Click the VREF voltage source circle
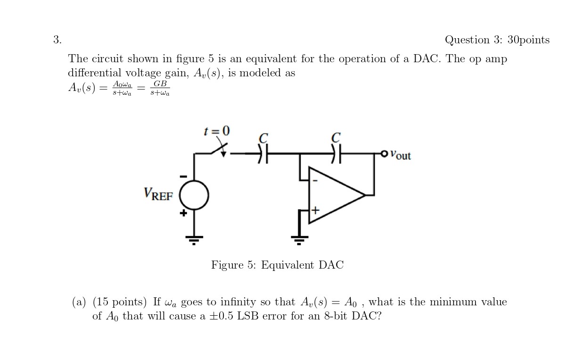[x=194, y=195]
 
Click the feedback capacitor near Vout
[x=336, y=153]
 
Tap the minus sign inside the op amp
[x=315, y=180]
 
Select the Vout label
[x=401, y=155]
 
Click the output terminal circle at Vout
[x=384, y=154]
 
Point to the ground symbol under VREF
[x=194, y=239]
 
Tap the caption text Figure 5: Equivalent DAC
[x=277, y=265]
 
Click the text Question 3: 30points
[x=497, y=40]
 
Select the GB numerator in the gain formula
[x=160, y=83]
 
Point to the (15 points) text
[x=120, y=302]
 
